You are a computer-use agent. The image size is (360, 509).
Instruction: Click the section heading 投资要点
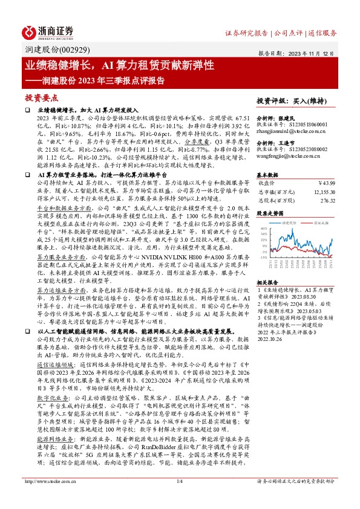point(40,97)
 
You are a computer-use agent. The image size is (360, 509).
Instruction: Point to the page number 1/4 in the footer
point(179,498)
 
